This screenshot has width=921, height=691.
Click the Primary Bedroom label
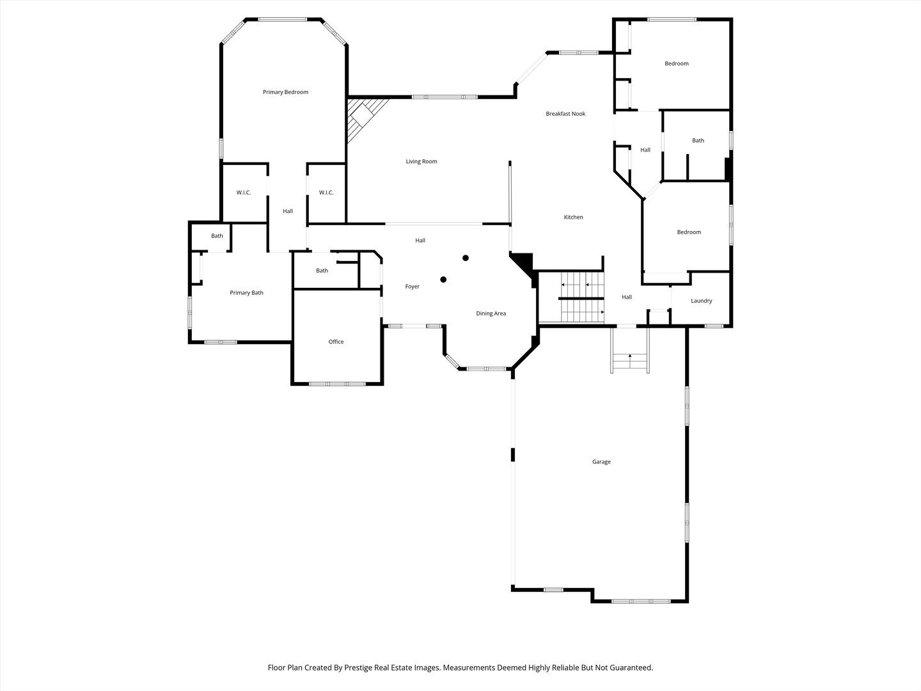click(285, 92)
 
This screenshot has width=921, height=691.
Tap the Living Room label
click(421, 161)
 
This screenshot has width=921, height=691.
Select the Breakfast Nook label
click(565, 114)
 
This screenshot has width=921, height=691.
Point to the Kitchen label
click(573, 217)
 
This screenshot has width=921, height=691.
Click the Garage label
click(601, 461)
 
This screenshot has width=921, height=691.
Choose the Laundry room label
click(701, 301)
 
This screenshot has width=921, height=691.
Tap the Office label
click(336, 342)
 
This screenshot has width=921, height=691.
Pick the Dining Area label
click(491, 314)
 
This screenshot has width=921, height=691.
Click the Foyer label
click(412, 287)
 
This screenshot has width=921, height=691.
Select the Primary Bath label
click(246, 293)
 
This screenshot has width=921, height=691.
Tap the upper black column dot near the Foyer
click(466, 258)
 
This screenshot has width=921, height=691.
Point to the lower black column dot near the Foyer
click(443, 280)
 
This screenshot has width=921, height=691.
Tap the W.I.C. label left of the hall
click(244, 193)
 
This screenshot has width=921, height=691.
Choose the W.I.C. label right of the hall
click(326, 193)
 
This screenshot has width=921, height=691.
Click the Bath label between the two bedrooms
click(698, 141)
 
